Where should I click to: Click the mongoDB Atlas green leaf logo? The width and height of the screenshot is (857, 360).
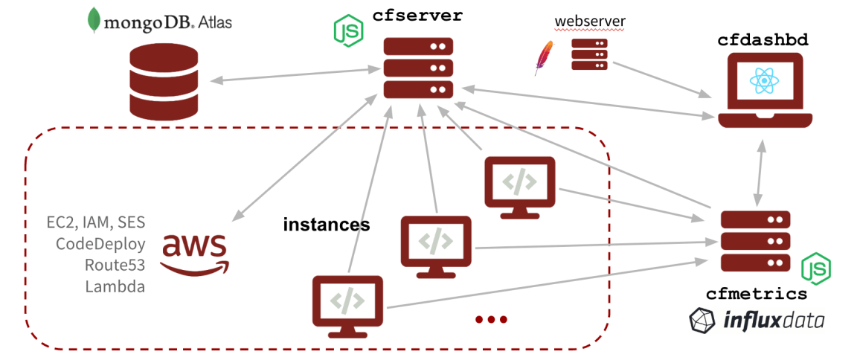point(94,20)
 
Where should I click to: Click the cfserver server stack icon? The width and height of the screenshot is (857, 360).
point(417,68)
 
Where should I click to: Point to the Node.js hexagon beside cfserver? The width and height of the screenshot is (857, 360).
point(347,30)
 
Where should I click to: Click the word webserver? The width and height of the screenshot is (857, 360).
point(589,20)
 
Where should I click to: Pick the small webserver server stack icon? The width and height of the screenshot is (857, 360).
point(589,54)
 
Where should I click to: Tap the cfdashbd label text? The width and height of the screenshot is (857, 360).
point(763,40)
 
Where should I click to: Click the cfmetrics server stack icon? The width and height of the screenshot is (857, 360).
point(755,241)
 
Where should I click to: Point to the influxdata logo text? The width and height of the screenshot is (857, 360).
point(774,321)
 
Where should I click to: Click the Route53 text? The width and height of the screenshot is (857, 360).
point(115,265)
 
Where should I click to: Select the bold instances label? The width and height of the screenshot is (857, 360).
point(326,224)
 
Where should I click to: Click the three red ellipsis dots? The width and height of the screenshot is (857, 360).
point(491,320)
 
